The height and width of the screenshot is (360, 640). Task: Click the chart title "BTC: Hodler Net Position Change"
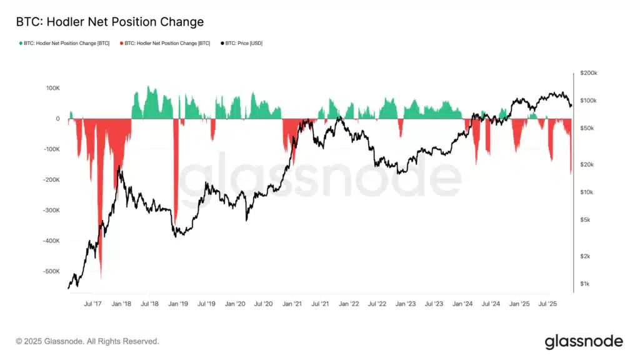pos(109,22)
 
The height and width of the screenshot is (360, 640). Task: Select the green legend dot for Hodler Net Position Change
pos(21,43)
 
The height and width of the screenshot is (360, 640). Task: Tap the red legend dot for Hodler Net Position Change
pos(121,43)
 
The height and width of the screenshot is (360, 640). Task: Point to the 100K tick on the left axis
pos(52,88)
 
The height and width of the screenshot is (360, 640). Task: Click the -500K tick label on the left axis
pos(51,272)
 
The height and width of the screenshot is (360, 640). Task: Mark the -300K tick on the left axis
pos(51,211)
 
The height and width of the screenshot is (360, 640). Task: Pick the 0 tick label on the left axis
pos(57,119)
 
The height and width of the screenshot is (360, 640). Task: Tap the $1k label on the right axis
pos(586,284)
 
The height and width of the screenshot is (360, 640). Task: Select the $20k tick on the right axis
pos(587,164)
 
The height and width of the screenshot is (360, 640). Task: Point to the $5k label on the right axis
pos(586,220)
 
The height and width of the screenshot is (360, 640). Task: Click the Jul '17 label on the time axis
pos(92,304)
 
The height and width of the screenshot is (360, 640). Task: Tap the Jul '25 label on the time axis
pos(548,304)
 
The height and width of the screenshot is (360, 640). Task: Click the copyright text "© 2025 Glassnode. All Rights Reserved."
pos(87,341)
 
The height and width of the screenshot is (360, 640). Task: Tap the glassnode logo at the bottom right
pos(584,341)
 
